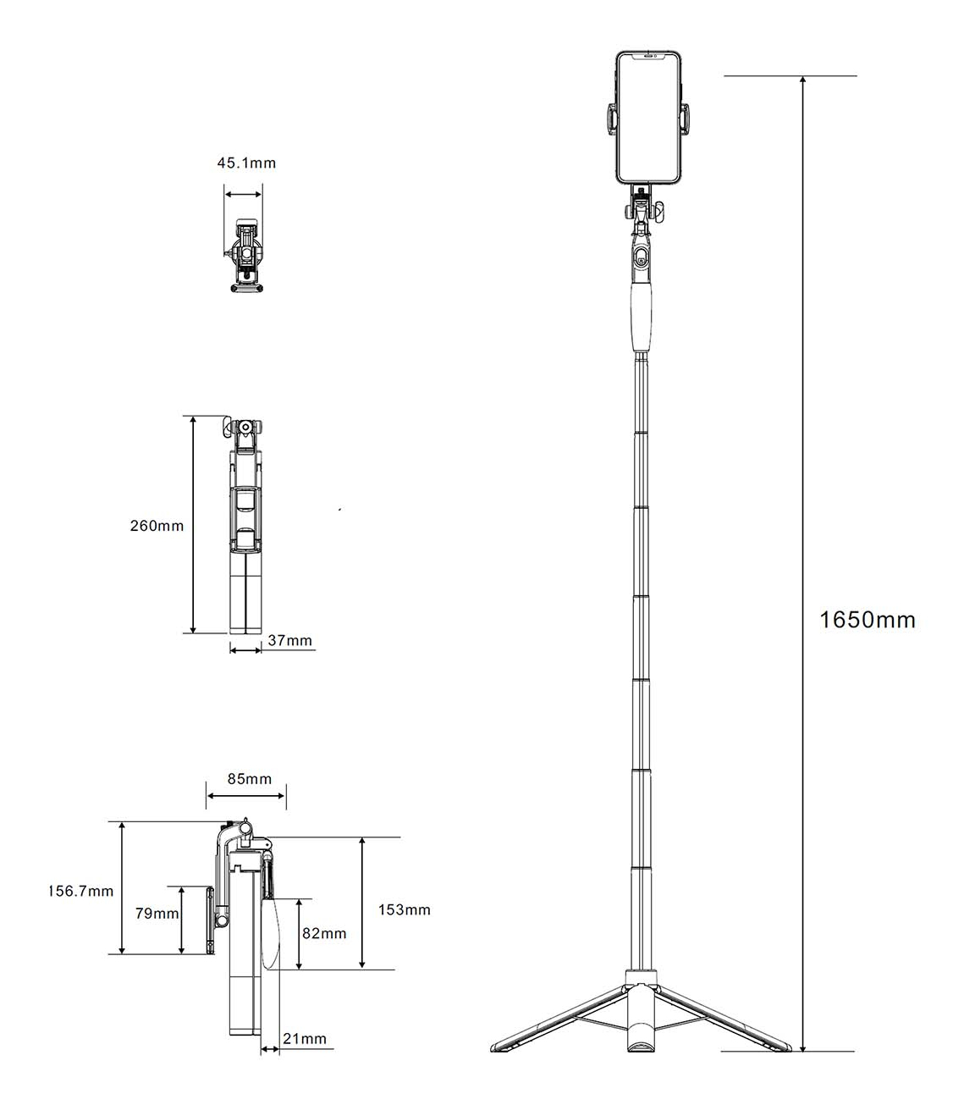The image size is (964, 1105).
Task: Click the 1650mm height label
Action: coord(868,620)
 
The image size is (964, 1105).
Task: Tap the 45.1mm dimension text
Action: coord(246,163)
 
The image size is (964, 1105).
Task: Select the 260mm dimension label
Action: coord(157,526)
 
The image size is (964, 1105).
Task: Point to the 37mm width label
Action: coord(289,640)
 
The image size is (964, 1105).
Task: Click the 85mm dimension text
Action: coord(250,779)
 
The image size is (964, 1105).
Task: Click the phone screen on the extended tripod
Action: coord(649,118)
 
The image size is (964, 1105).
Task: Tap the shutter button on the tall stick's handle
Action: coord(642,257)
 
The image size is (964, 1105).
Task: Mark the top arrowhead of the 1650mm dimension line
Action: coord(802,80)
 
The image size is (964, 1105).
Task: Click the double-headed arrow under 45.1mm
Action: coord(244,194)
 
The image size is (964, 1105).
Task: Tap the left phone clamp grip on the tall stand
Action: coord(613,118)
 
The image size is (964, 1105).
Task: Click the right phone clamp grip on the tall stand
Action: coord(685,118)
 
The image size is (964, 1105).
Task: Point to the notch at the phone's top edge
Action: coord(648,55)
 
